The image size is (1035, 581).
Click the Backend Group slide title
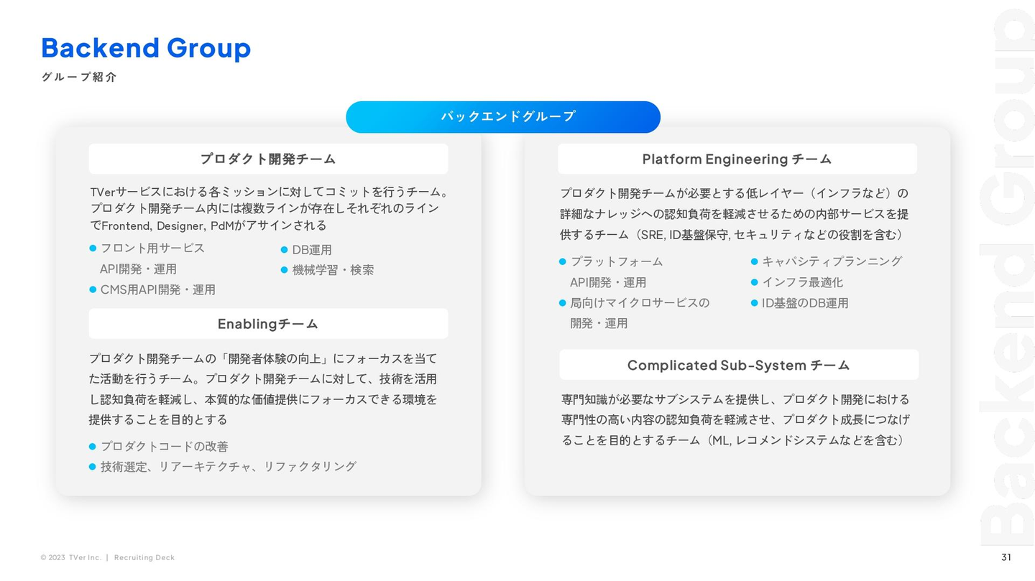click(x=146, y=48)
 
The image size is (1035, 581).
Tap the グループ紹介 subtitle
click(x=79, y=77)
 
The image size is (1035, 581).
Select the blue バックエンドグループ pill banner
click(x=503, y=117)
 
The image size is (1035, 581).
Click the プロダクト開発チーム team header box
click(x=269, y=159)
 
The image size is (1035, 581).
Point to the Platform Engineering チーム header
click(x=737, y=159)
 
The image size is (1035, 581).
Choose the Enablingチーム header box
click(x=269, y=324)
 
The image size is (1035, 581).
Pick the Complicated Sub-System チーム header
click(x=739, y=365)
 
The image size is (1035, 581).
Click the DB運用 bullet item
click(x=312, y=250)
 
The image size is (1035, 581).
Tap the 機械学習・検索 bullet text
click(x=333, y=270)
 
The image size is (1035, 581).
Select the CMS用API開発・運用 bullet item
click(x=158, y=290)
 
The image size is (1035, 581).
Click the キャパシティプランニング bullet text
click(x=832, y=261)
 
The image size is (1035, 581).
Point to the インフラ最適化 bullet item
click(x=803, y=282)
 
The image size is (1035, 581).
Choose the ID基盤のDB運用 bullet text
click(x=805, y=303)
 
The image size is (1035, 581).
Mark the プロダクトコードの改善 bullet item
click(x=165, y=447)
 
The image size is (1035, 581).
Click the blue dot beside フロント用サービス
click(x=93, y=248)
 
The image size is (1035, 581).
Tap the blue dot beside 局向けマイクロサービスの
click(x=562, y=303)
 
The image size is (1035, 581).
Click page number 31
click(x=1006, y=557)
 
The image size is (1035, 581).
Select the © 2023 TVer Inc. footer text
click(x=71, y=557)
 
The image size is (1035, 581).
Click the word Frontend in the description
click(x=126, y=226)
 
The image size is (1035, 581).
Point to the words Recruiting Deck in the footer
click(x=144, y=557)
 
